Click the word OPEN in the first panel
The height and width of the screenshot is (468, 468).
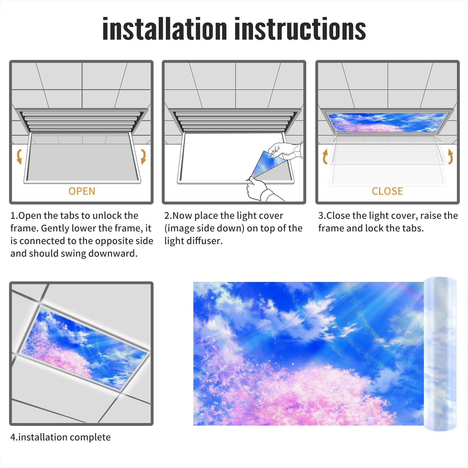click(x=82, y=191)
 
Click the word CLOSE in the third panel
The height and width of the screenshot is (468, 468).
click(x=387, y=191)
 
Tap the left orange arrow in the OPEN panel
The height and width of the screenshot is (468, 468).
click(x=19, y=156)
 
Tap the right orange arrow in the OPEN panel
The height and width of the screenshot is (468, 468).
click(x=143, y=156)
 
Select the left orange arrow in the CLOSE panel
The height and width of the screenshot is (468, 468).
click(x=325, y=156)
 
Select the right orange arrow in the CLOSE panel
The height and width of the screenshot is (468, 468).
click(x=450, y=156)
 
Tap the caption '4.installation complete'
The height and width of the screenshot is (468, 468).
click(x=61, y=437)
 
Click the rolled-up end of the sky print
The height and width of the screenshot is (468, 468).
click(x=440, y=354)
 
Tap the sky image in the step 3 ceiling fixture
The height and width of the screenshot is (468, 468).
click(x=387, y=122)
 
